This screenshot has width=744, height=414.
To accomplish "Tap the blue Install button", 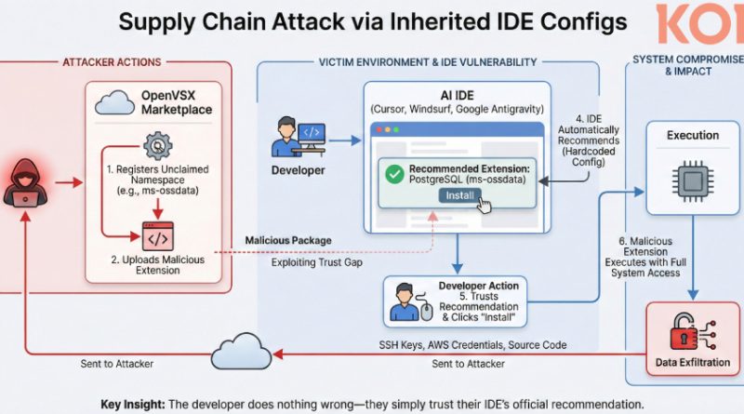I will point(459,196).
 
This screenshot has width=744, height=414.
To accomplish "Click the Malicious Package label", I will point(287,241).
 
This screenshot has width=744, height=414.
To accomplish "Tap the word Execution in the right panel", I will point(693,136).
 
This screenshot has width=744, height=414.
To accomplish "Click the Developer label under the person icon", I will point(299,171).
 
